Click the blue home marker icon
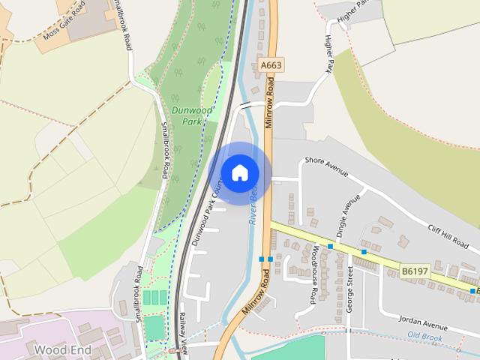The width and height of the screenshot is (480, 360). click(x=240, y=173)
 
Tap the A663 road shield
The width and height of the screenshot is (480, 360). click(x=271, y=66)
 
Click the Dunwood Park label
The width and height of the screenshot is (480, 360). click(x=187, y=115)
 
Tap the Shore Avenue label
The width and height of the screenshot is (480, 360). click(x=327, y=166)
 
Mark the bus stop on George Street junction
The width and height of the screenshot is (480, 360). click(x=330, y=246)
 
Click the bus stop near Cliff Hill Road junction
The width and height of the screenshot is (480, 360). click(x=364, y=252)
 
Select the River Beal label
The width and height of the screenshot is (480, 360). click(x=255, y=206)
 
